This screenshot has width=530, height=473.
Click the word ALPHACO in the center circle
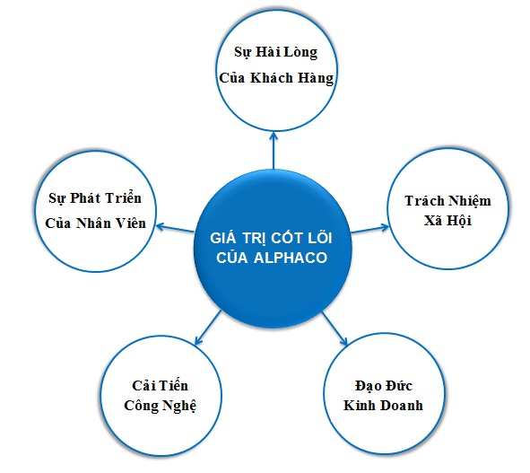pyautogui.click(x=291, y=258)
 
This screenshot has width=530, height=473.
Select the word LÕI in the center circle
pyautogui.click(x=319, y=237)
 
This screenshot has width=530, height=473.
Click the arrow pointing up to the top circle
pyautogui.click(x=274, y=151)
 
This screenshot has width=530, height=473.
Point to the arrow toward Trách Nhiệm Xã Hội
pyautogui.click(x=370, y=229)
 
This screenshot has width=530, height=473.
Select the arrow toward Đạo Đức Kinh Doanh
pyautogui.click(x=335, y=328)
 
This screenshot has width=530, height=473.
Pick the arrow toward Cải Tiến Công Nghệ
pyautogui.click(x=208, y=328)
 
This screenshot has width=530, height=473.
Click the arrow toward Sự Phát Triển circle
pyautogui.click(x=175, y=228)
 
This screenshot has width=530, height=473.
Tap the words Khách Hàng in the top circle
pyautogui.click(x=292, y=78)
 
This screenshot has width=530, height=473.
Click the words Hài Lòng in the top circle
pyautogui.click(x=286, y=52)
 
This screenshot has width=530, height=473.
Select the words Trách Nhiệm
pyautogui.click(x=447, y=201)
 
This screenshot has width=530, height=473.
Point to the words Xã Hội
pyautogui.click(x=447, y=221)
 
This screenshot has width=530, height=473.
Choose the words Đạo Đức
pyautogui.click(x=384, y=386)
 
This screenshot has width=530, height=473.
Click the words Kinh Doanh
pyautogui.click(x=383, y=406)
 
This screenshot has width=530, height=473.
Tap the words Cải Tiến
pyautogui.click(x=160, y=386)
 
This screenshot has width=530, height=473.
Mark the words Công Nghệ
pyautogui.click(x=160, y=406)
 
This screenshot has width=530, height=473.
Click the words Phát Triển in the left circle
pyautogui.click(x=106, y=198)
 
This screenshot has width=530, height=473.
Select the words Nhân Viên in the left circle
pyautogui.click(x=111, y=223)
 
